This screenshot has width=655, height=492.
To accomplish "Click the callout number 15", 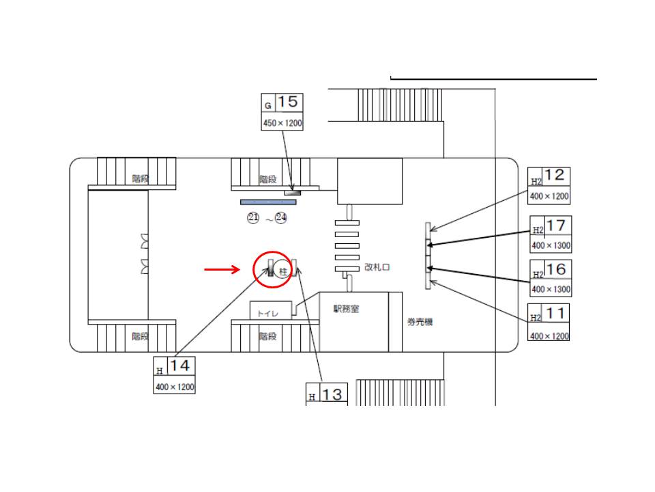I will coord(289,102).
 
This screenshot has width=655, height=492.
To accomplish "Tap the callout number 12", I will coord(555,176).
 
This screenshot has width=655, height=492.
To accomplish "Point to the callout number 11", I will coord(555,313).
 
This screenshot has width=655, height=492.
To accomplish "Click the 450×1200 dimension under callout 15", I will coord(282,124).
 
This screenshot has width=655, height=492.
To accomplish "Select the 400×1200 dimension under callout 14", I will coord(175,387).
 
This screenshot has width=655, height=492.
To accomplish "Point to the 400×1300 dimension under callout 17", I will coord(551,245).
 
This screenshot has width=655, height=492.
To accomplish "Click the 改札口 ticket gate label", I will coord(377,267).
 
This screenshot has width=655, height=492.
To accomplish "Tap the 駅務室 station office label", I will coord(346,309).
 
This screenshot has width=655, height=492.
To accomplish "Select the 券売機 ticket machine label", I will coord(420,322).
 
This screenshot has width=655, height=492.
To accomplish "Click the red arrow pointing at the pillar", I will coord(222,270).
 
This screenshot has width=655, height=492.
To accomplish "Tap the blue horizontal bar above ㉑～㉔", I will coord(268,202).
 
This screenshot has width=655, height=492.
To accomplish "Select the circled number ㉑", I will coord(253,218).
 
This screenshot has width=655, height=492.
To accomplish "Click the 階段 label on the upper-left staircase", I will coord(141,179).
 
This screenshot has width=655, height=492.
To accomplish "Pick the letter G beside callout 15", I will coord(268,106).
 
